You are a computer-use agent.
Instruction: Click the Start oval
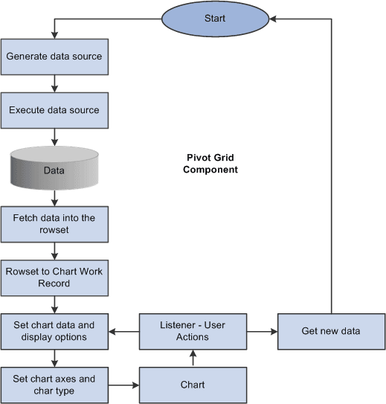(x=215, y=18)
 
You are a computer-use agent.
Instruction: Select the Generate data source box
(x=54, y=57)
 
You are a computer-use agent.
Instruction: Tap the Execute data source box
(x=54, y=110)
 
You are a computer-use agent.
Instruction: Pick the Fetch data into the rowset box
(x=54, y=224)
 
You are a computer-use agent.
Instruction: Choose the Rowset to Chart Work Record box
(x=54, y=278)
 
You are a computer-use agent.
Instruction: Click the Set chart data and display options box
(x=54, y=331)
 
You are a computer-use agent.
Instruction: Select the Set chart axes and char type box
(x=54, y=385)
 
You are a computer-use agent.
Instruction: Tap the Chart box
(x=193, y=385)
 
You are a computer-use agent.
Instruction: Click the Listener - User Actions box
(x=193, y=331)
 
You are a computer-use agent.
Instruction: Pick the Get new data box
(x=331, y=331)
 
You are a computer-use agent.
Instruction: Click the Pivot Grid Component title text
(x=213, y=164)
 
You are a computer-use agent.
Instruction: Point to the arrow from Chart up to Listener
(x=193, y=358)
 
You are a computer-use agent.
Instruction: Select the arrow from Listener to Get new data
(x=262, y=331)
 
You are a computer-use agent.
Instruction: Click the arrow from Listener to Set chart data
(x=123, y=331)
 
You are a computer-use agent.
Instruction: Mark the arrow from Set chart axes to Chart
(x=123, y=385)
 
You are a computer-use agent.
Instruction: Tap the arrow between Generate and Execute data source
(x=54, y=83)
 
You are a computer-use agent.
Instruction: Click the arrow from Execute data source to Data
(x=54, y=137)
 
